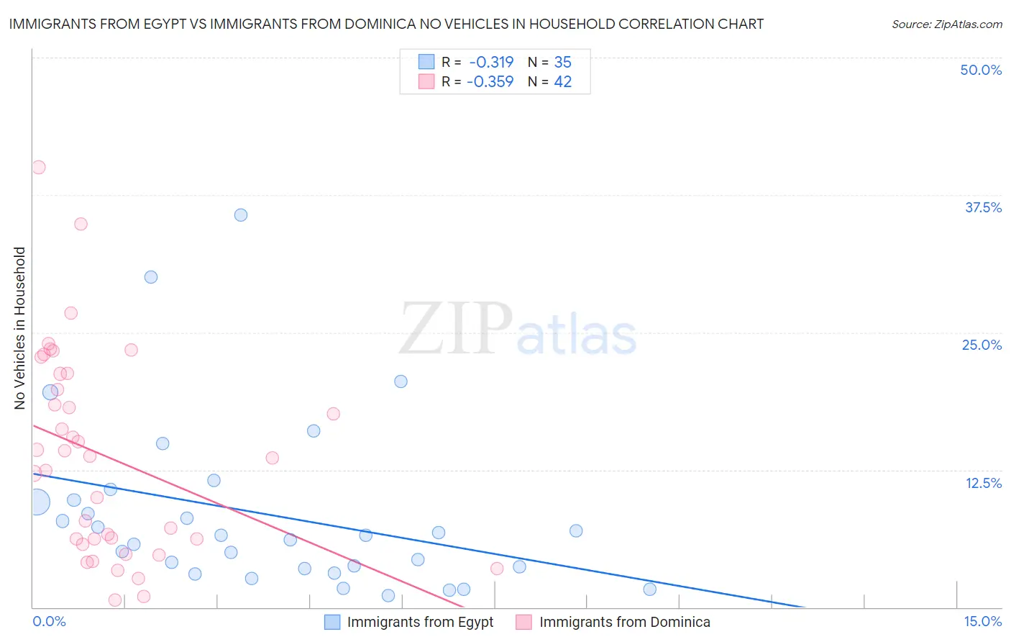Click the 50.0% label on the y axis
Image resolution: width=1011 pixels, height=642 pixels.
981,70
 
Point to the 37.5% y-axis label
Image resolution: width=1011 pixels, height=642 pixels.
983,207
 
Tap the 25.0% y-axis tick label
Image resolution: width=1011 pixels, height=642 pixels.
982,345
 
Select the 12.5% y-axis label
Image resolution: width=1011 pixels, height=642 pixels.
983,483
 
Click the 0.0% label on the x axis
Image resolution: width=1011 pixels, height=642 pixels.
49,621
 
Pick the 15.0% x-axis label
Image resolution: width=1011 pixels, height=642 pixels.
982,621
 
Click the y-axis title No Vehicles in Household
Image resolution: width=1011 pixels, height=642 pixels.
20,328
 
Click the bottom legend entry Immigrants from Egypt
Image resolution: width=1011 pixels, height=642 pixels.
420,622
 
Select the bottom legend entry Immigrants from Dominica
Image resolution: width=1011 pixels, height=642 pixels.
624,622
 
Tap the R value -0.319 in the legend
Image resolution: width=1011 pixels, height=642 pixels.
491,62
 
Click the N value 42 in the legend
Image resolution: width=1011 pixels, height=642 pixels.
562,81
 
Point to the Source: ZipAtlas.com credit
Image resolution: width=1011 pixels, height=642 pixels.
946,24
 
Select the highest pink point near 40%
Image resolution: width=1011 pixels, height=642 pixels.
39,167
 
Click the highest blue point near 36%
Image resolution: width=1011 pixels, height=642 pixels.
241,215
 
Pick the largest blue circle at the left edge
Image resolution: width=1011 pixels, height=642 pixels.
37,502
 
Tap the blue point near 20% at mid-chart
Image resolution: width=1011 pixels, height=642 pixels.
401,381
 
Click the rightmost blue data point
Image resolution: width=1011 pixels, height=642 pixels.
650,589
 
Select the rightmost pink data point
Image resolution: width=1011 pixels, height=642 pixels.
497,569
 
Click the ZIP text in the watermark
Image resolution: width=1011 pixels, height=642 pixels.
456,330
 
